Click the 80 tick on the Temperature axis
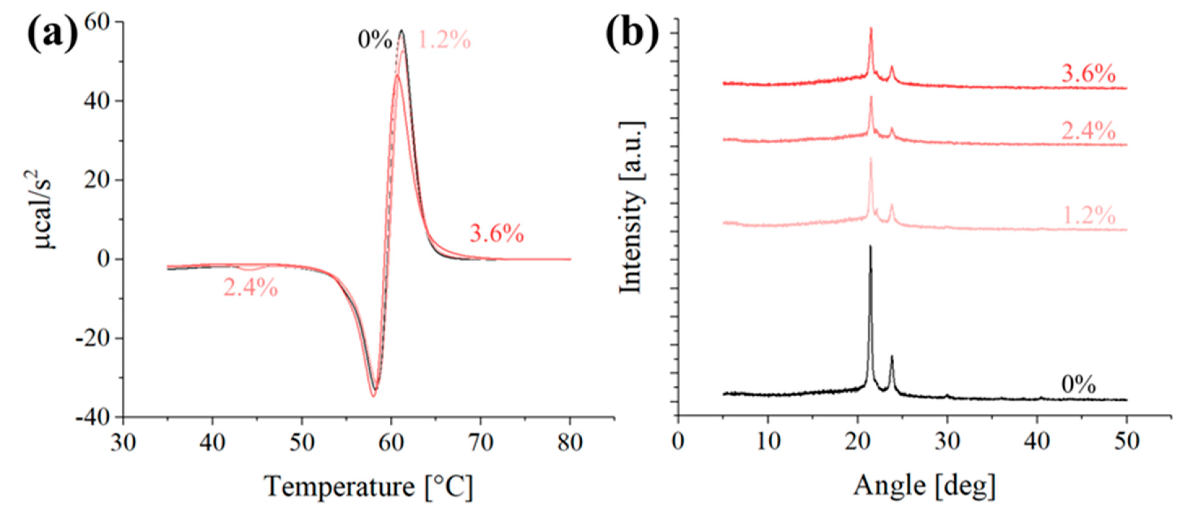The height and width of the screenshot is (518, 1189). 570,442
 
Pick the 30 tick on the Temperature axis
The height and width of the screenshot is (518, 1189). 123,442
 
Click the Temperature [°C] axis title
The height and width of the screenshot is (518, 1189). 369,486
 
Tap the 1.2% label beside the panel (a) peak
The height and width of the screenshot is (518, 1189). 444,40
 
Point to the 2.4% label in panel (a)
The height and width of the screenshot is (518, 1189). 251,288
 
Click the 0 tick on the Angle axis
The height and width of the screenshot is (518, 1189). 678,442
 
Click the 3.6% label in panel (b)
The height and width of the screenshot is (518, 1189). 1088,74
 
